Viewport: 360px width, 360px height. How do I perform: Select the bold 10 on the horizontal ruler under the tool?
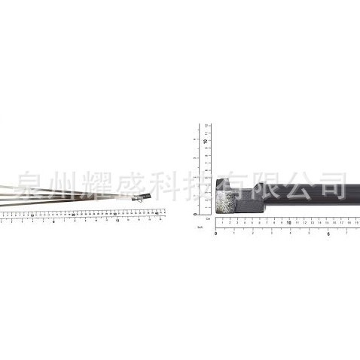tap(289, 223)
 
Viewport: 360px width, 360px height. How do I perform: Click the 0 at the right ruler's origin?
tap(216, 233)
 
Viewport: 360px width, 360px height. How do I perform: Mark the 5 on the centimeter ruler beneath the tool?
tap(253, 223)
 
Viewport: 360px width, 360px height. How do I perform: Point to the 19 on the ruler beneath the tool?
tap(355, 223)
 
